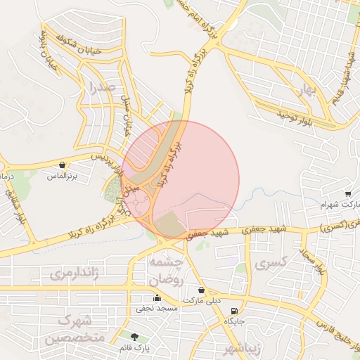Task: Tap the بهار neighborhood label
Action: click(x=304, y=90)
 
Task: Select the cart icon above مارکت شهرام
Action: click(x=348, y=194)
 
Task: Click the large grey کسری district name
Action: click(x=272, y=265)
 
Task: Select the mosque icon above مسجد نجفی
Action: click(x=157, y=299)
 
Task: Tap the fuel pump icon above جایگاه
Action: click(x=234, y=311)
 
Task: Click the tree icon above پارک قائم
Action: click(x=135, y=337)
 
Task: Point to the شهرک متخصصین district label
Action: click(x=73, y=329)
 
